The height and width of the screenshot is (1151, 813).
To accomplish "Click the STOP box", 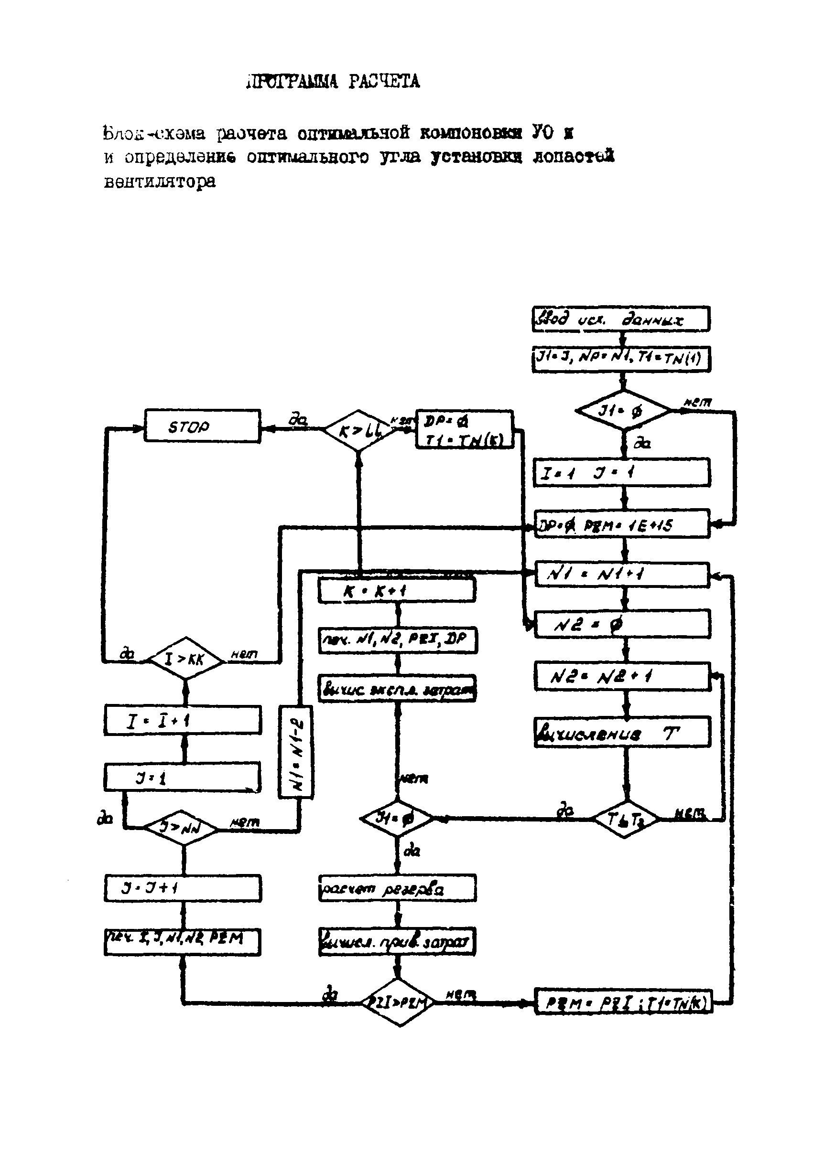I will pyautogui.click(x=202, y=426).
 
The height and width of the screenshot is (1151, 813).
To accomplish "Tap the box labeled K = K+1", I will pyautogui.click(x=396, y=590).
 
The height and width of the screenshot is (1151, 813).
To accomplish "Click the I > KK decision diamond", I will pyautogui.click(x=185, y=659).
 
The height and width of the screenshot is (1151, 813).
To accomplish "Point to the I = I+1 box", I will pyautogui.click(x=183, y=720).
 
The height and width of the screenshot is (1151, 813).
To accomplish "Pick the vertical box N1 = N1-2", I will pyautogui.click(x=296, y=751).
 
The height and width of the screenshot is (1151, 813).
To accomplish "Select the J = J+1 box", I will pyautogui.click(x=183, y=888).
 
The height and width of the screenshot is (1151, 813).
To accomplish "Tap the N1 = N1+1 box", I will pyautogui.click(x=622, y=574).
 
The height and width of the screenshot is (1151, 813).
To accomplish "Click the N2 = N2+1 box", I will pyautogui.click(x=622, y=677).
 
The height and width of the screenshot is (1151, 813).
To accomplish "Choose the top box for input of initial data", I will pyautogui.click(x=621, y=319).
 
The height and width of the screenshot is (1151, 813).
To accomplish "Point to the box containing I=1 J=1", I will pyautogui.click(x=622, y=472).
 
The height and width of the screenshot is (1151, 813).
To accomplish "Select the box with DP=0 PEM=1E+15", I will pyautogui.click(x=622, y=524).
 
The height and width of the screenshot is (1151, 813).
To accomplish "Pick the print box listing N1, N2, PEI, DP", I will pyautogui.click(x=398, y=639).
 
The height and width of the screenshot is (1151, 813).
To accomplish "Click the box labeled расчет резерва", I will pyautogui.click(x=397, y=888).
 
